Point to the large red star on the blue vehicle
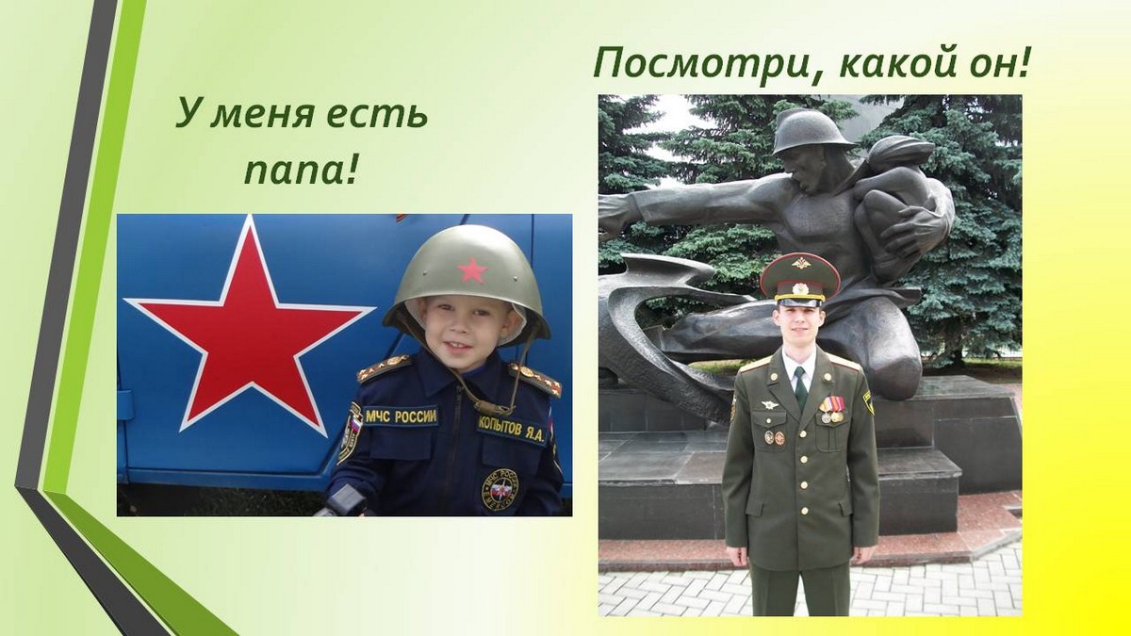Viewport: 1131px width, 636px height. coord(250,323)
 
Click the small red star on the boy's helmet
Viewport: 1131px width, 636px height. coord(472,270)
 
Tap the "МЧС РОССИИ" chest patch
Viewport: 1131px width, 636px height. coord(401,416)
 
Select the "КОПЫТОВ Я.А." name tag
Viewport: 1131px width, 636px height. coord(512,432)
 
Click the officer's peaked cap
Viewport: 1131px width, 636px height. coord(800,280)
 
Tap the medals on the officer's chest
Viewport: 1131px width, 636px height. coord(831,409)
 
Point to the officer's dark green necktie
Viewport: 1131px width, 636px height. coord(800,387)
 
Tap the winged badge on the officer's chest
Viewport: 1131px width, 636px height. coord(769,404)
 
